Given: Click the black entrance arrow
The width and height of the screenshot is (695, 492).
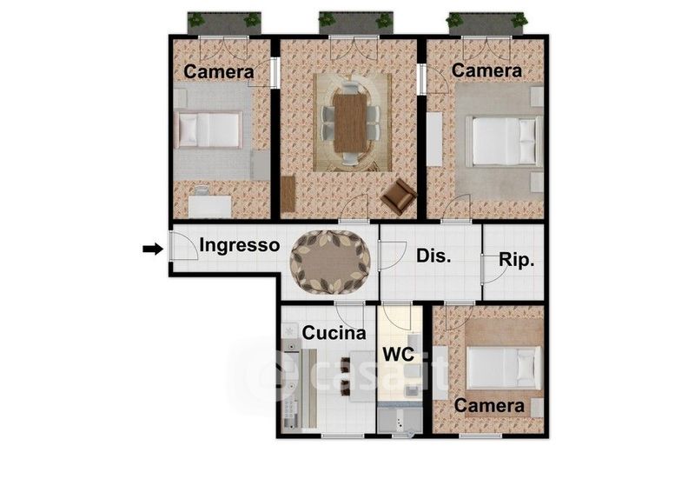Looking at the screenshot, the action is point(153,249).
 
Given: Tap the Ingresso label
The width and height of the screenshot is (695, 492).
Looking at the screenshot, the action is point(240,245).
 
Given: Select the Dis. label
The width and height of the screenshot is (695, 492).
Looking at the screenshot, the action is point(434,256).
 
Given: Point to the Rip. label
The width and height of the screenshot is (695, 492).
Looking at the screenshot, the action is point(516,260).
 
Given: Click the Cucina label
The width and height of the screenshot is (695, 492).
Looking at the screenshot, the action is point(334,333).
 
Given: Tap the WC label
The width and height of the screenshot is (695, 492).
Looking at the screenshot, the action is point(399,354).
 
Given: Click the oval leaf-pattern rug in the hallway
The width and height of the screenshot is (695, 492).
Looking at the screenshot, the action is point(330,262).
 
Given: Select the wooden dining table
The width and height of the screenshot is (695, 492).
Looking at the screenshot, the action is point(350,123).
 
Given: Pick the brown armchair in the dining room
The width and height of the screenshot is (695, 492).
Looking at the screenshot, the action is point(399,196).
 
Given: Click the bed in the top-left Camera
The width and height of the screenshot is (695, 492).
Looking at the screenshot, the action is point(208,130).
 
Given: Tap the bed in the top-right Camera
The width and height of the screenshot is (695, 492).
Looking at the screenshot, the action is point(505,141).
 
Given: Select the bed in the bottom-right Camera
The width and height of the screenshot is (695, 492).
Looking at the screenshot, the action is point(504,368).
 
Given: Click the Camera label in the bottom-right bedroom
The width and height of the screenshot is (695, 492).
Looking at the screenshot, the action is point(489,405).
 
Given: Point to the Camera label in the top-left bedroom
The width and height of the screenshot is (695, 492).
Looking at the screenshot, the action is point(219,72).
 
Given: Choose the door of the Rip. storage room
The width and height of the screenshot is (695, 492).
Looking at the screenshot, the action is point(493,269).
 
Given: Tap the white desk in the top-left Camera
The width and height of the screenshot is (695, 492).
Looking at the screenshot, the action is point(209,206).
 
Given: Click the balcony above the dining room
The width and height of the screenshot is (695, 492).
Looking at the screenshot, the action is point(355,23).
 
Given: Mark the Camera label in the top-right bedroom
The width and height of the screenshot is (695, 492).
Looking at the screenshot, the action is point(486,70).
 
